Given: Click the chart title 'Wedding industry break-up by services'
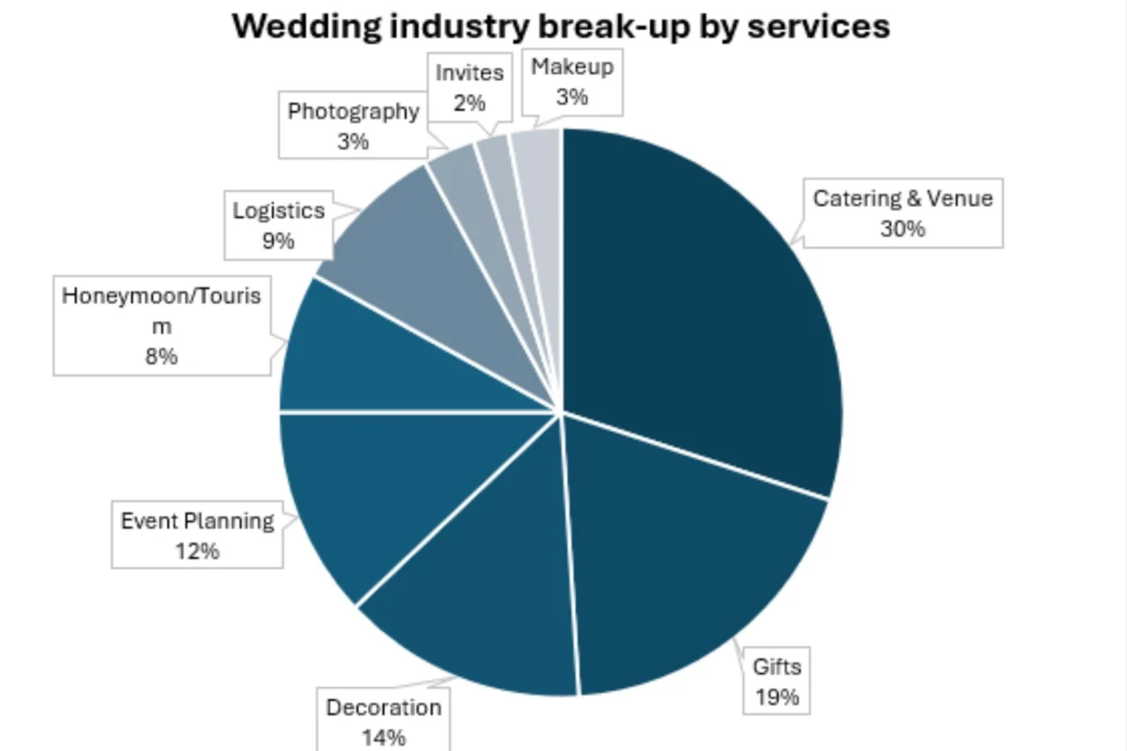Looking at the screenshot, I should point(561,25).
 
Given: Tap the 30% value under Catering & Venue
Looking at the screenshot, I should point(903,228).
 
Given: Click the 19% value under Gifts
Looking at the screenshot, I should point(778,697).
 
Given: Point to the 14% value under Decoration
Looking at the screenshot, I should point(383,737).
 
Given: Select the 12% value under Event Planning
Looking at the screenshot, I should point(197,550).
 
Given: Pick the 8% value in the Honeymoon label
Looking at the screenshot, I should point(162,356).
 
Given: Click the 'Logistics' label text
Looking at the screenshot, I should point(278,210).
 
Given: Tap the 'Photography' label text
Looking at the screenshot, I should point(353,112).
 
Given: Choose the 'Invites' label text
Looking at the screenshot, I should point(470,72).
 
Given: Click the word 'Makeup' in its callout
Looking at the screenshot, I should point(572,67).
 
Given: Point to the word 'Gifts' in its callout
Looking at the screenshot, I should point(777,667).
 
